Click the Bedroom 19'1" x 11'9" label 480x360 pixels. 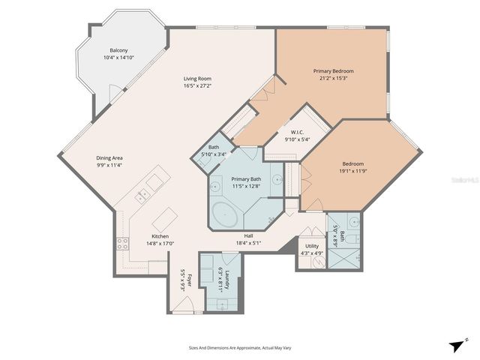(x=353, y=167)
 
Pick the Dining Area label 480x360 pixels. (x=109, y=161)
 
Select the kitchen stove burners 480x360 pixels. (x=121, y=243)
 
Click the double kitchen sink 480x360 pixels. (x=142, y=196)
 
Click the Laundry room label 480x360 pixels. (x=220, y=279)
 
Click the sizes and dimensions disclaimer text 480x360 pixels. (x=239, y=347)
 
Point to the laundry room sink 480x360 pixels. (x=221, y=304)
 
